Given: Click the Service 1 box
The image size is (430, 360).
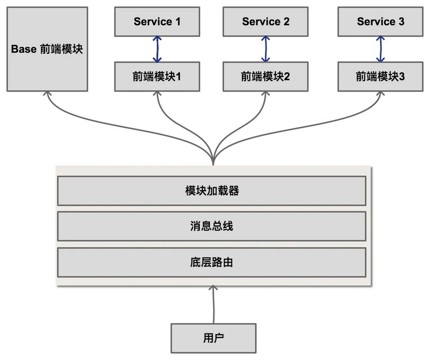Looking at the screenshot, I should (157, 22).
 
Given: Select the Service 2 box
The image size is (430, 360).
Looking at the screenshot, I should (265, 22).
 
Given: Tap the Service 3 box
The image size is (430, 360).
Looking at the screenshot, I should (381, 22).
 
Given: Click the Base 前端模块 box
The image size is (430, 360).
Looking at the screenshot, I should (47, 49).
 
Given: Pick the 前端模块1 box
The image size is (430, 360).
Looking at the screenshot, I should (157, 77).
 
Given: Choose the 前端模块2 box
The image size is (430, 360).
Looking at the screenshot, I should (265, 77).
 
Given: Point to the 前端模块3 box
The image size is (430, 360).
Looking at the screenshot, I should (381, 77).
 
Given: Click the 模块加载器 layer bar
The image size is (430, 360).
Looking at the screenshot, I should (211, 191).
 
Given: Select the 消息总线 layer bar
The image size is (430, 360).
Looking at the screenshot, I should (211, 226).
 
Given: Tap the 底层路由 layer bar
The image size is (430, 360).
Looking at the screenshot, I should (211, 262).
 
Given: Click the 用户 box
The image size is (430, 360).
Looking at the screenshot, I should (213, 338).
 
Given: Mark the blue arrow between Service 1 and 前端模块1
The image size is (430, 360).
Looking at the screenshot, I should (157, 49).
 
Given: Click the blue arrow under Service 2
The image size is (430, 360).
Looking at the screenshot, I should (265, 49).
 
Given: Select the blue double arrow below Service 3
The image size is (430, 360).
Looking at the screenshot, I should (381, 49).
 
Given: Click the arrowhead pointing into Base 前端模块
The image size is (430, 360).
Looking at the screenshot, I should (47, 94).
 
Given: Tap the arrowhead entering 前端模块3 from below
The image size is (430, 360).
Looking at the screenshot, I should (381, 94).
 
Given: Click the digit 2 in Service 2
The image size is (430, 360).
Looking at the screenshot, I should (286, 22).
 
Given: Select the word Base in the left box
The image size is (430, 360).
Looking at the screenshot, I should (23, 49).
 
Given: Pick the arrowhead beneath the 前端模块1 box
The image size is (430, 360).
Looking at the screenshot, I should (157, 94).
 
